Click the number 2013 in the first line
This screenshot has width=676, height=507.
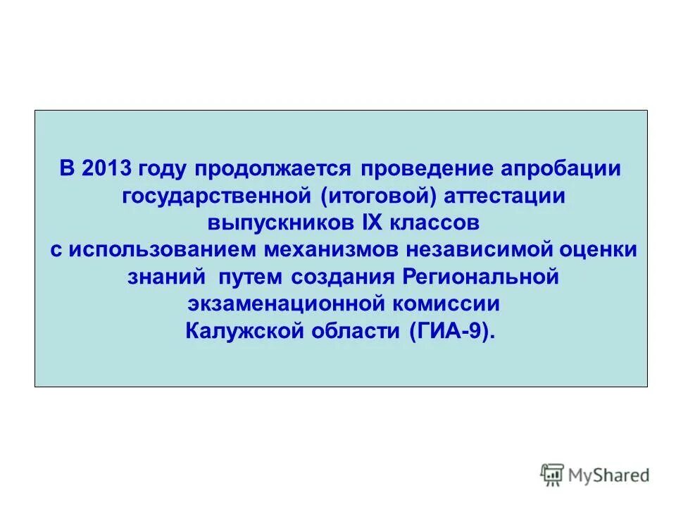click(107, 170)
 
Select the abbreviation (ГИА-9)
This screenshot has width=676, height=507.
click(451, 330)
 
